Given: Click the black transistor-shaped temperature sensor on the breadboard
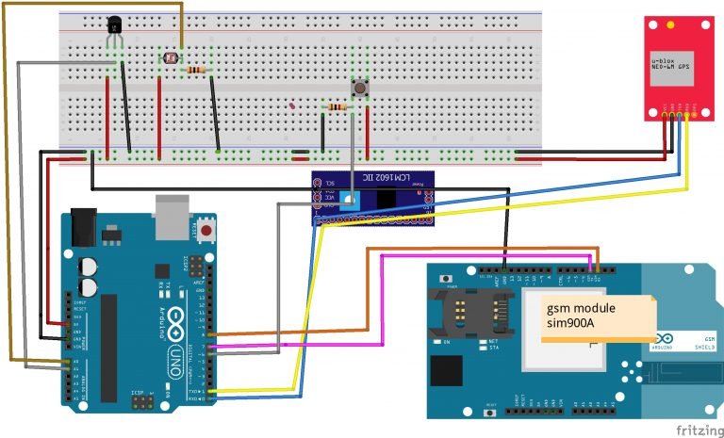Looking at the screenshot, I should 115,33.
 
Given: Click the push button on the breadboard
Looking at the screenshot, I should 359,89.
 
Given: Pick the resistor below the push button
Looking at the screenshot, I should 337,107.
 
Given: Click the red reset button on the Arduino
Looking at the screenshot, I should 205,229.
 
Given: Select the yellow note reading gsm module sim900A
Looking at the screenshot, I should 596,317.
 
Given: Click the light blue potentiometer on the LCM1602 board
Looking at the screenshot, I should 348,200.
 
